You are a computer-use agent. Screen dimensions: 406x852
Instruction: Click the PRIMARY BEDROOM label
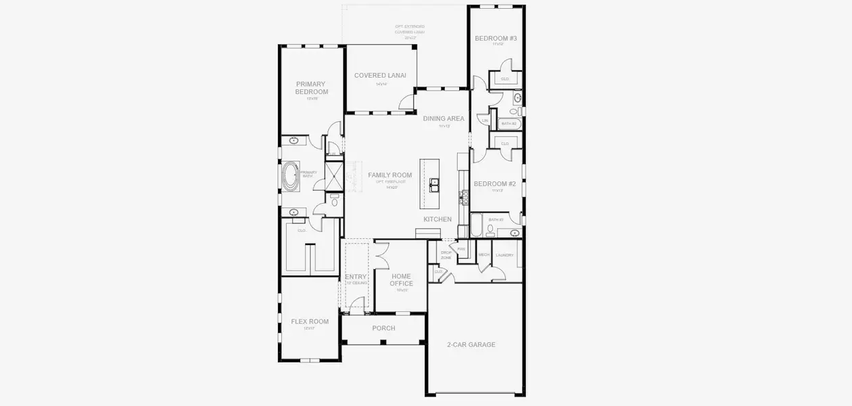[x=312, y=88]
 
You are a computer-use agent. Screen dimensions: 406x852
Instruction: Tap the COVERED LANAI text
[x=380, y=76]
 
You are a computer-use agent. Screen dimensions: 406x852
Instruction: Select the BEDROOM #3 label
[x=496, y=39]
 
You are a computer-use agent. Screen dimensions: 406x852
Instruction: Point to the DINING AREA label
[x=444, y=118]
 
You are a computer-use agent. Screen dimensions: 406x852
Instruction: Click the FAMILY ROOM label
[x=389, y=175]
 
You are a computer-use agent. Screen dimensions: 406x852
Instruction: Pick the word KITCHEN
[x=437, y=219]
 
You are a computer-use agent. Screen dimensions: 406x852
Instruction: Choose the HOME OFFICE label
[x=401, y=279]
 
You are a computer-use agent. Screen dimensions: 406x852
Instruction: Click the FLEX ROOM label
[x=310, y=321]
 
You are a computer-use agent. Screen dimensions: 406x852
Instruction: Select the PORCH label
[x=383, y=328]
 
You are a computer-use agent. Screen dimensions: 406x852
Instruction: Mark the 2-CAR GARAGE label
[x=471, y=344]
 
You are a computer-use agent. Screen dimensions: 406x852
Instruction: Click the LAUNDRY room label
[x=504, y=255]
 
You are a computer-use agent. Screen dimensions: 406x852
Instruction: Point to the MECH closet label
[x=483, y=255]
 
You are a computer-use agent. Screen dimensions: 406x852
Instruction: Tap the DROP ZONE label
[x=446, y=255]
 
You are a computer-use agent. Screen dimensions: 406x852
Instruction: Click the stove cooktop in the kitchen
[x=464, y=197]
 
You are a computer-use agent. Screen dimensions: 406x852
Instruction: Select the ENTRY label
[x=356, y=277]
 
